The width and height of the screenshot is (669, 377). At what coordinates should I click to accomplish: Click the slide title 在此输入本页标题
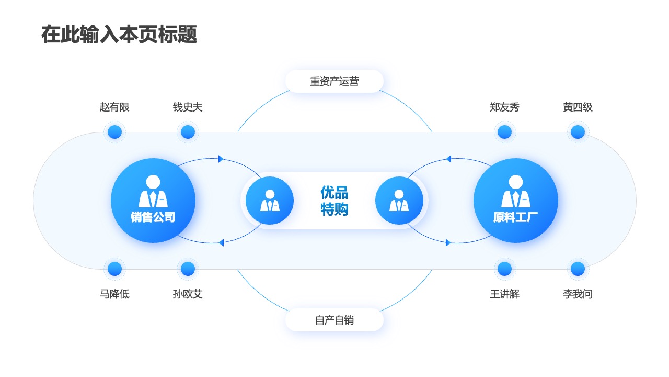pos(119,35)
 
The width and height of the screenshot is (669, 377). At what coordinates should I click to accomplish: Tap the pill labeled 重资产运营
pos(334,81)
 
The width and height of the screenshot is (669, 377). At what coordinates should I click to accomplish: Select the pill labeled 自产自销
pos(334,320)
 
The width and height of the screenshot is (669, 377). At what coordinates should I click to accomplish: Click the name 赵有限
pos(114,107)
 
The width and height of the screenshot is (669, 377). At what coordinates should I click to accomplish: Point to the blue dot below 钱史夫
pos(188,132)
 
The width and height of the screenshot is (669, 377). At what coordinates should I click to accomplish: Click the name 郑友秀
pos(504,107)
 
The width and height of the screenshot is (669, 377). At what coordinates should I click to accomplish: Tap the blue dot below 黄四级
pos(578,132)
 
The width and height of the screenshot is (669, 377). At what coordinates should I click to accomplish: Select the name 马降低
pos(114,294)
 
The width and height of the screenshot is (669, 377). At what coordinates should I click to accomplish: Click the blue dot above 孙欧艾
pos(188,269)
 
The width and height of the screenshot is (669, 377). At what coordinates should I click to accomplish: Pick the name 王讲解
pos(504,294)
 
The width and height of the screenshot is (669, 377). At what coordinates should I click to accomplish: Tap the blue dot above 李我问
pos(578,269)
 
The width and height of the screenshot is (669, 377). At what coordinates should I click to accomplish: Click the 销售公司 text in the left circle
pos(153,217)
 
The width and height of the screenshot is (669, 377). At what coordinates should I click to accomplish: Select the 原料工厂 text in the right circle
pos(515,217)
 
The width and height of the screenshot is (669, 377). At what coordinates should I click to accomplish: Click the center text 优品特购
pos(334,201)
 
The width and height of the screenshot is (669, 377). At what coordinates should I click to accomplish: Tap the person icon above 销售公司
pos(153,191)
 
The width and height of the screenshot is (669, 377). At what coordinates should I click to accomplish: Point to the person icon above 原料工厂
pos(515,191)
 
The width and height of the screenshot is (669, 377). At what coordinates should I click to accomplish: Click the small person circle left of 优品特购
pos(269,201)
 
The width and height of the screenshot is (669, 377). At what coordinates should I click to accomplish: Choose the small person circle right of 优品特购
pos(399,201)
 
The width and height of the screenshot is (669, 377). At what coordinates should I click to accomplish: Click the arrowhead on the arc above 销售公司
pos(221,159)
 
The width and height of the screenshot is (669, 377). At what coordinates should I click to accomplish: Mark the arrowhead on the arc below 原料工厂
pos(448,242)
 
